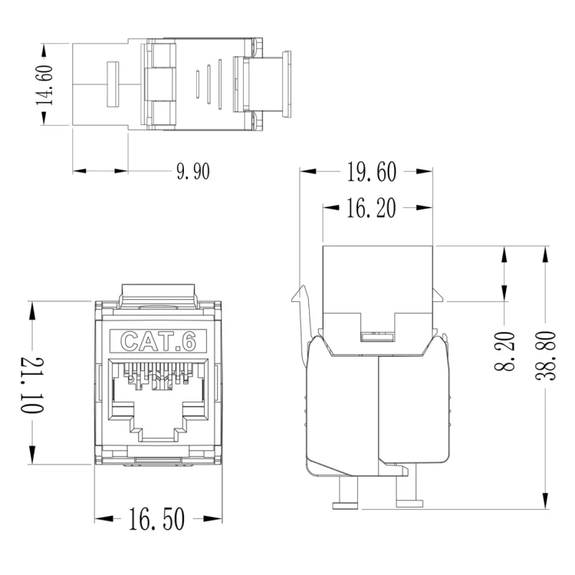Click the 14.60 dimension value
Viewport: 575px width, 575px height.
click(x=44, y=84)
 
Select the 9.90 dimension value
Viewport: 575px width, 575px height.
click(x=193, y=171)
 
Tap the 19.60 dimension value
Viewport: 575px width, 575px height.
click(x=372, y=172)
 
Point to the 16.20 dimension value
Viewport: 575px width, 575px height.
click(x=371, y=208)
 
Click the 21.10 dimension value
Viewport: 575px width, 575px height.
click(x=32, y=385)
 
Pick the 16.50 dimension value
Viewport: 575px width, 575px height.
click(x=156, y=519)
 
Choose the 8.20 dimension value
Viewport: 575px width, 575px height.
click(x=505, y=351)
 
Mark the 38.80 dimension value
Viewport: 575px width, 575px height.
click(x=546, y=355)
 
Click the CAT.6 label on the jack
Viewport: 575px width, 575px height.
click(x=158, y=341)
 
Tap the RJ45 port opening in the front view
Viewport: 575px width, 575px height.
click(x=158, y=399)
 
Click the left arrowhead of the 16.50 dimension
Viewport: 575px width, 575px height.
click(x=103, y=519)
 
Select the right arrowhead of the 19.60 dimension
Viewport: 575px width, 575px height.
click(x=424, y=171)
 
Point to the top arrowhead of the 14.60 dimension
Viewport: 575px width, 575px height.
click(x=44, y=51)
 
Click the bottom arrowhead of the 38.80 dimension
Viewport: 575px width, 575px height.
click(x=546, y=501)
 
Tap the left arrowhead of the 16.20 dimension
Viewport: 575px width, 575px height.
click(x=331, y=208)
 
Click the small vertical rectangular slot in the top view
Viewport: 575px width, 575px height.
click(x=113, y=84)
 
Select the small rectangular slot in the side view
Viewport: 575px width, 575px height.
click(x=378, y=337)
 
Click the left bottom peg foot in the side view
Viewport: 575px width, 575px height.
click(x=345, y=506)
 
